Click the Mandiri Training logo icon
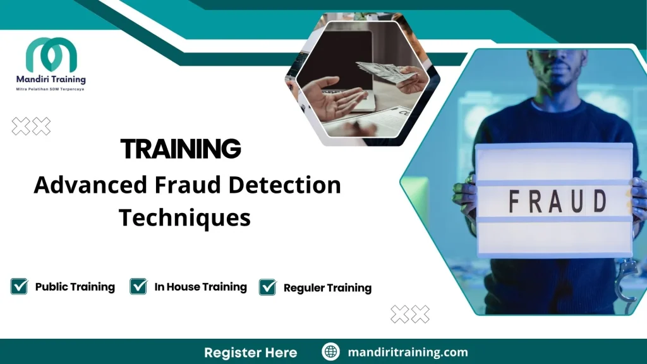51,55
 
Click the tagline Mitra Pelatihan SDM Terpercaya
50,89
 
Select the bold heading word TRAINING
181,149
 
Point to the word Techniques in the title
184,217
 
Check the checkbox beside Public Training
19,286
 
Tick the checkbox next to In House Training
138,286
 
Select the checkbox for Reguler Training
268,288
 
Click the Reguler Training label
327,288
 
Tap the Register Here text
250,352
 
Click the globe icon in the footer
330,352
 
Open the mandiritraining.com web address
408,352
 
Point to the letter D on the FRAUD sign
599,202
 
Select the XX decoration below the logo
31,126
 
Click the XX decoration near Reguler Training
410,313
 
